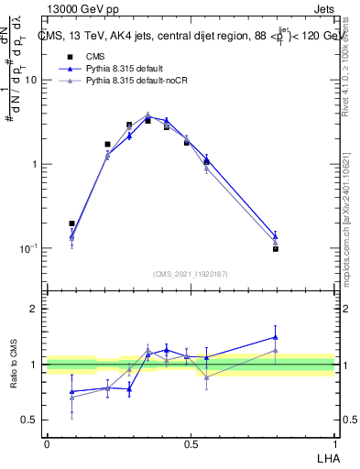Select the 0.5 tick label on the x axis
point(191,443)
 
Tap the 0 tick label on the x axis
point(47,443)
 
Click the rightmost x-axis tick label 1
point(334,443)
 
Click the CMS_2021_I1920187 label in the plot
point(191,273)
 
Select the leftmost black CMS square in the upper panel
point(71,223)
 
